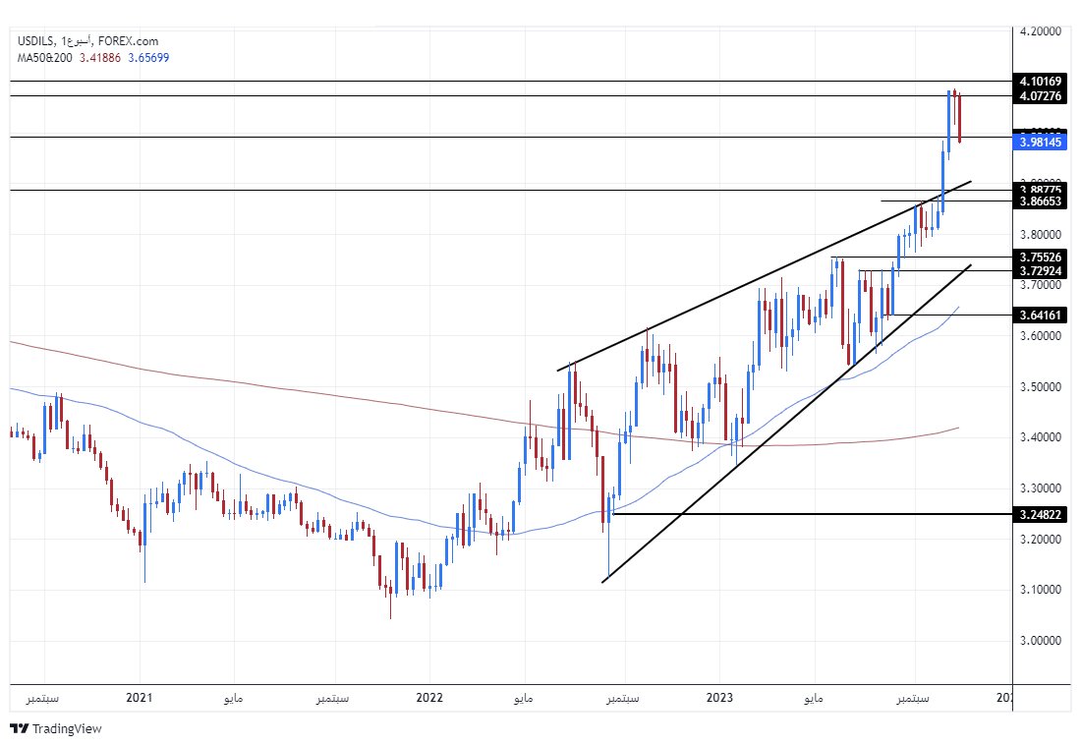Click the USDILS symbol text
point(35,41)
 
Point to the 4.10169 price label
point(1041,81)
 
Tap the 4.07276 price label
point(1041,95)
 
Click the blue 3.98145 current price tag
point(1041,143)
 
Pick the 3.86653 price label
point(1041,201)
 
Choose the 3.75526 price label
point(1041,258)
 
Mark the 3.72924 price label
point(1041,270)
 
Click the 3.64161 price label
point(1041,315)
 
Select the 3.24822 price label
point(1041,514)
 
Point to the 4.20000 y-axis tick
point(1041,30)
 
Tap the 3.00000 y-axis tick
point(1041,641)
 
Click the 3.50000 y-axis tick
point(1041,386)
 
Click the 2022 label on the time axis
point(429,699)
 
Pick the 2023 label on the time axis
point(720,699)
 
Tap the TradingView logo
point(56,729)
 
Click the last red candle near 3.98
point(959,118)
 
